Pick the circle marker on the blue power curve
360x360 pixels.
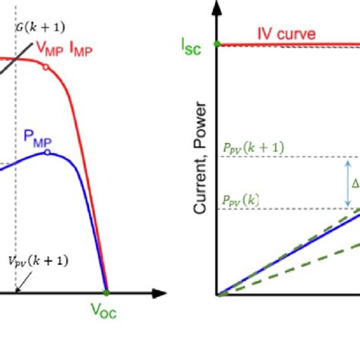[48, 152]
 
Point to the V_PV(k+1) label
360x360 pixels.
[39, 261]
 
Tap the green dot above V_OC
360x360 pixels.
[106, 292]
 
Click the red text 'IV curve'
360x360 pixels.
[286, 34]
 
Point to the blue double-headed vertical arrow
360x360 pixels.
[348, 183]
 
